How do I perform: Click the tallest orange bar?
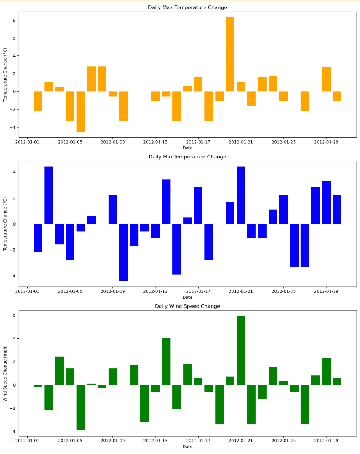(230, 54)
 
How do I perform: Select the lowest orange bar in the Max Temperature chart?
(81, 111)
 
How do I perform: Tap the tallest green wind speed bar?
(241, 350)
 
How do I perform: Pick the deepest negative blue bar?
(123, 252)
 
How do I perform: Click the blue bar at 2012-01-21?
(241, 195)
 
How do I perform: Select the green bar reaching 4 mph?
(166, 362)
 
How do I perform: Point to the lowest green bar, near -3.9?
(81, 407)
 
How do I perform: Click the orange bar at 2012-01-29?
(326, 79)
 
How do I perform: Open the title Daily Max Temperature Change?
(187, 8)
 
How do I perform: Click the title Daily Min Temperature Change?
(187, 157)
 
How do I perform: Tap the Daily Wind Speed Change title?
(187, 306)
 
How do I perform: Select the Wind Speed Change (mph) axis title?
(5, 373)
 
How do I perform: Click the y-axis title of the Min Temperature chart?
(5, 224)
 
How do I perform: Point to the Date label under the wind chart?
(187, 447)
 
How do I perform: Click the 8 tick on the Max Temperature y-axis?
(13, 20)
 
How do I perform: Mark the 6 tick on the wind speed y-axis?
(13, 315)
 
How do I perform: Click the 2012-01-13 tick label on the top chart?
(155, 142)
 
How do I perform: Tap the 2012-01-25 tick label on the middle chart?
(283, 291)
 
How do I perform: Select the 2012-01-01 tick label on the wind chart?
(27, 441)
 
